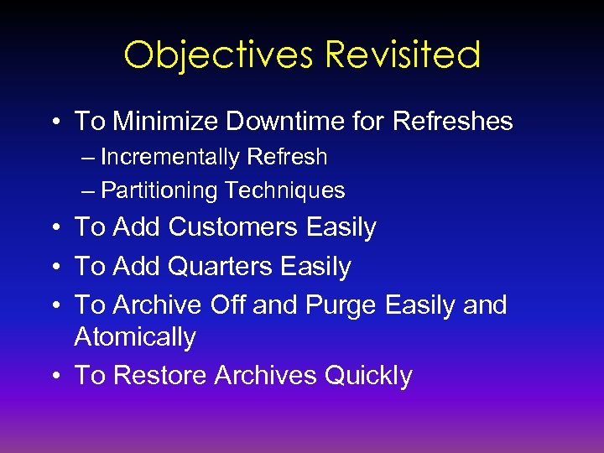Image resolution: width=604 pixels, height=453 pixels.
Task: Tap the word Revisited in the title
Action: pos(402,55)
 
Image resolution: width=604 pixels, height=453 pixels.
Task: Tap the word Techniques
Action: pos(284,190)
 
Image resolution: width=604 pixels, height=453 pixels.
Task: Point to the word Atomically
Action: pos(135,337)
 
